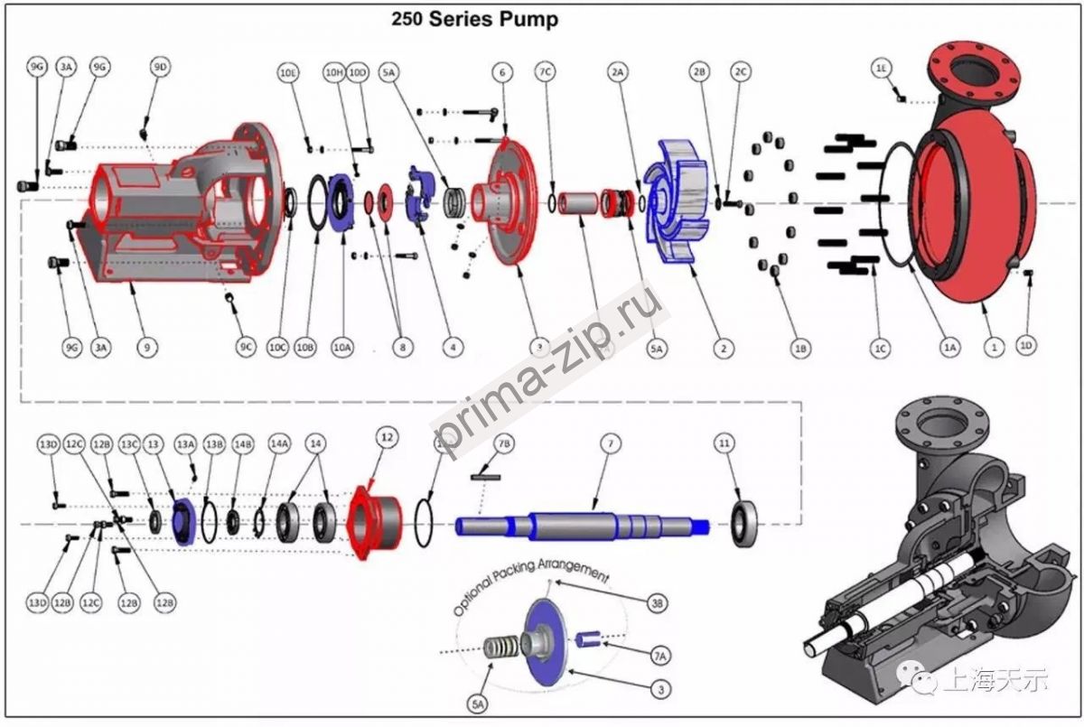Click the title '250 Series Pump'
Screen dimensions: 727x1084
[474, 19]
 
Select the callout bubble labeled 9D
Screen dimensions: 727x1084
[161, 68]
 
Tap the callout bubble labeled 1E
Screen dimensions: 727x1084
[882, 68]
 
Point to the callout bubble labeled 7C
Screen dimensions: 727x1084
[545, 71]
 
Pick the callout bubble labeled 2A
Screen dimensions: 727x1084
[618, 71]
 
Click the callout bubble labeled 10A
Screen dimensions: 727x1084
[342, 346]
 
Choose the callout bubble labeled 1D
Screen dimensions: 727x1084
[1026, 345]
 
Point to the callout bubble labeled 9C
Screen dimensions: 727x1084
[247, 346]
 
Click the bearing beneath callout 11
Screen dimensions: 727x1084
[744, 522]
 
